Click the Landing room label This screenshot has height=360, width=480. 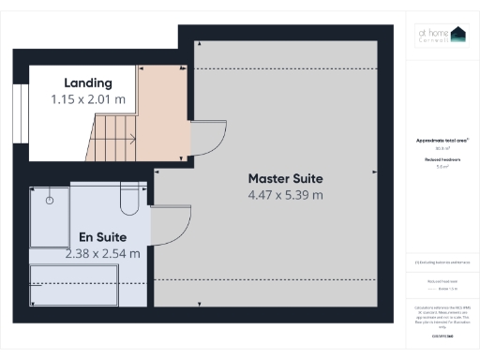click(87, 82)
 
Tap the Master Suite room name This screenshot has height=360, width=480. click(285, 178)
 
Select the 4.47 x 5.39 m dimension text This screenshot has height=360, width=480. click(285, 195)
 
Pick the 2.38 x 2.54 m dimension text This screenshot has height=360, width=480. click(103, 253)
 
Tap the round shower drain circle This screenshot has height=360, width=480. click(51, 201)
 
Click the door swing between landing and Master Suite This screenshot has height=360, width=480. click(204, 140)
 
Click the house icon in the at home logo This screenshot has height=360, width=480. click(458, 34)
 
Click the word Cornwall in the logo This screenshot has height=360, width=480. click(432, 39)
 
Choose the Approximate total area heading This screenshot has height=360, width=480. click(442, 141)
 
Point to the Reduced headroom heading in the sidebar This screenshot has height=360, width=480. click(442, 160)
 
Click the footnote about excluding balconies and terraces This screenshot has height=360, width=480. click(442, 263)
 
